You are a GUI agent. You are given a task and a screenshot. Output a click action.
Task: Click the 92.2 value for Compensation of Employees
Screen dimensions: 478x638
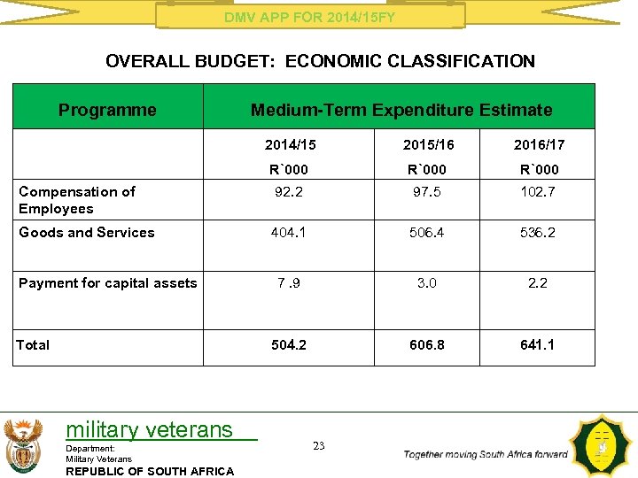tap(289, 191)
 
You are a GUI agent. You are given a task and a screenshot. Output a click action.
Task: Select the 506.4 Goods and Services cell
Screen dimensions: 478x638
tap(427, 233)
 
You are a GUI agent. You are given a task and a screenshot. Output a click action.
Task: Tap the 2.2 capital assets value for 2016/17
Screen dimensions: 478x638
tap(538, 283)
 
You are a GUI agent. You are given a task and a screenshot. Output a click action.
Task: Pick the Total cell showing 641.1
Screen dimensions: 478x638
tap(538, 344)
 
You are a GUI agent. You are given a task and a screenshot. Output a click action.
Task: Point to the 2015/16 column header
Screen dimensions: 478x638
tap(427, 144)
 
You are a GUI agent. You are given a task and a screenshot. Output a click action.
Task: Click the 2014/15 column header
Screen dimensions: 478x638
tap(289, 144)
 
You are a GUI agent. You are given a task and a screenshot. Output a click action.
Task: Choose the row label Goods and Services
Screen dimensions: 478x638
tap(87, 233)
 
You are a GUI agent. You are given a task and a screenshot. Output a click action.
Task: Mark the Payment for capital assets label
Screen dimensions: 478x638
tap(107, 283)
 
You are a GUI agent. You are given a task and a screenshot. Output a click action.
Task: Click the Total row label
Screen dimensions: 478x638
tap(34, 344)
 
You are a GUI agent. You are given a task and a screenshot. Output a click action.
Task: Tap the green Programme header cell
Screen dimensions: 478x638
tap(107, 111)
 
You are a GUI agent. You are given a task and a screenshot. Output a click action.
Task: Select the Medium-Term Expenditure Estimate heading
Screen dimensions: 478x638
tap(401, 111)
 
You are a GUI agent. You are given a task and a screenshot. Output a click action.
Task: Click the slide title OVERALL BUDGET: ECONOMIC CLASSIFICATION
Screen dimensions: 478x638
tap(320, 62)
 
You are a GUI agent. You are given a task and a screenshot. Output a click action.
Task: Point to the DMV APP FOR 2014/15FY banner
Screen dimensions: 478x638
tap(309, 17)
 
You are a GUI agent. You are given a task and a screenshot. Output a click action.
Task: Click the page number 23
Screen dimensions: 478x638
tap(319, 446)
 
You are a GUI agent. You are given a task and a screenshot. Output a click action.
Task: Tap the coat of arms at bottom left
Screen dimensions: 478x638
tap(23, 445)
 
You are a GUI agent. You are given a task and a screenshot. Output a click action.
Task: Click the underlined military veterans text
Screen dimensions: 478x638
tap(149, 430)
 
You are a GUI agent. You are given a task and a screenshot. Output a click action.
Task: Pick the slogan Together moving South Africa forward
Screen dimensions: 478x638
tap(486, 454)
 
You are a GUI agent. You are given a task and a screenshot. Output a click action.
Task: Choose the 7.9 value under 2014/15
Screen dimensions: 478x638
tap(289, 283)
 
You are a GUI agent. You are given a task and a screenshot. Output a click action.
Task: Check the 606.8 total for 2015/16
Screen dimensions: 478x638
tap(427, 344)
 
